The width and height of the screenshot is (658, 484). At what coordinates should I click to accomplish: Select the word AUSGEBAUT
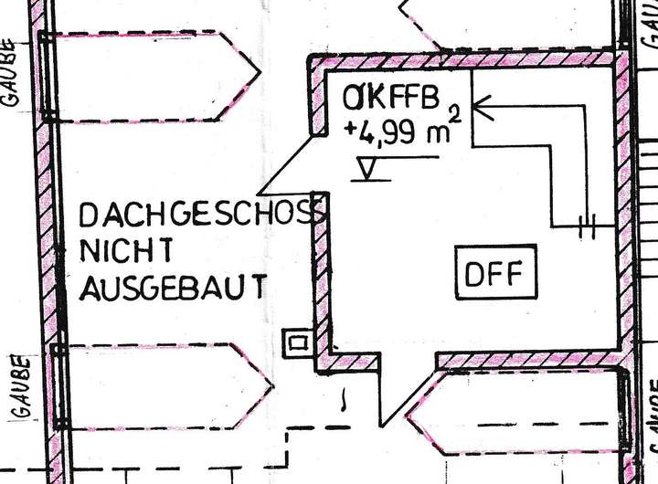pyautogui.click(x=174, y=288)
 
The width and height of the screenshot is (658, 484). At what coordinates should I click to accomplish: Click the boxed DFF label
pyautogui.click(x=495, y=273)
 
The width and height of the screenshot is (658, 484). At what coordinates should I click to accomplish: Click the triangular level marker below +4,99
pyautogui.click(x=369, y=169)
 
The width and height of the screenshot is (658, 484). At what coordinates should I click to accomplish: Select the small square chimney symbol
pyautogui.click(x=297, y=342)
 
